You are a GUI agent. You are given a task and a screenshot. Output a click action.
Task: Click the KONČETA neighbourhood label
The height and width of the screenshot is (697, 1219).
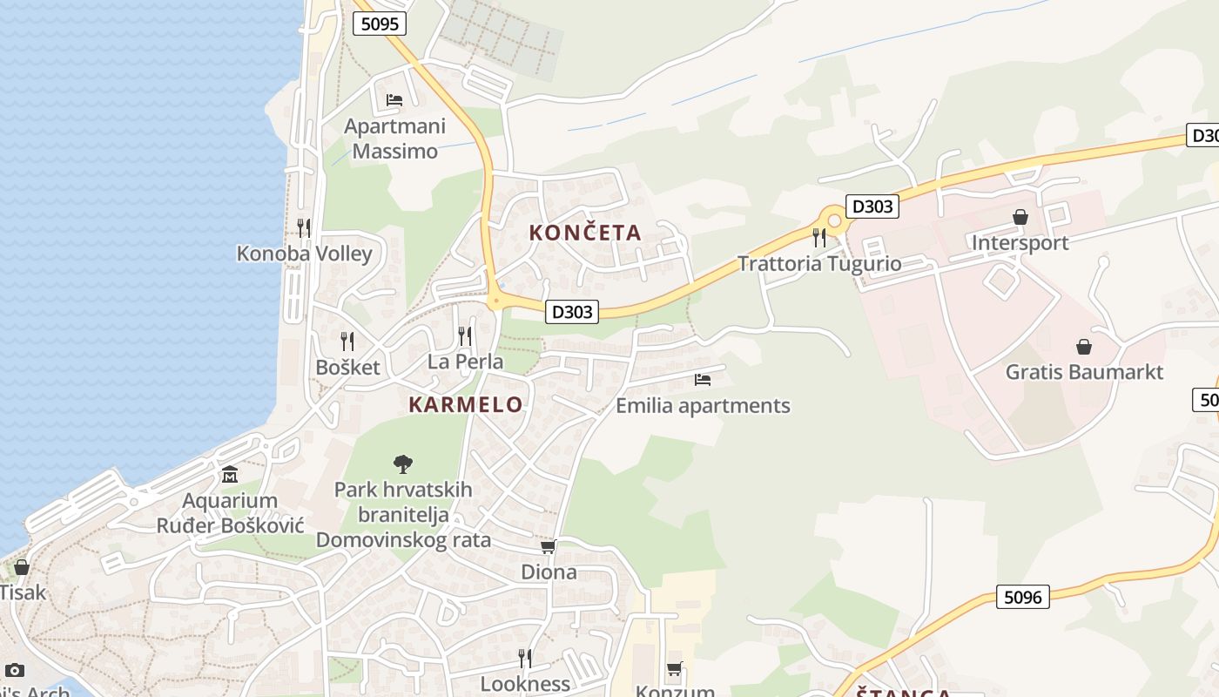(x=585, y=233)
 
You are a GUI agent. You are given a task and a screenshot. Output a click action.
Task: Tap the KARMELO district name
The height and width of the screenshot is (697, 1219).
(x=466, y=404)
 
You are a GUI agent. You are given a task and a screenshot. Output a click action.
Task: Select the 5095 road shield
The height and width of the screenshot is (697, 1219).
(x=380, y=24)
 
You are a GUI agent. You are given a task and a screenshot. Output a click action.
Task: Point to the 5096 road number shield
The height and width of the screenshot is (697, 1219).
(x=1022, y=597)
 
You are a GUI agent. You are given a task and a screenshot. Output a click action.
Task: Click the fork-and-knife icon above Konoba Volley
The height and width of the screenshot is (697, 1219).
(x=304, y=227)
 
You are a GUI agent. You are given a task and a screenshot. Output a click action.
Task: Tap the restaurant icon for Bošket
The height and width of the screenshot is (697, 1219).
(x=347, y=341)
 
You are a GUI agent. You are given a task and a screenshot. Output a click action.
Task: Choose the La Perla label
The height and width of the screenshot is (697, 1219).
(x=465, y=361)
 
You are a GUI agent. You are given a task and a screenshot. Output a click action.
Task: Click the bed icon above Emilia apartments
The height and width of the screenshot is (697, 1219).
(x=703, y=380)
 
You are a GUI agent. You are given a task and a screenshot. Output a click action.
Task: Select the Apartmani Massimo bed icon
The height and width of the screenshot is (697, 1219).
(x=394, y=100)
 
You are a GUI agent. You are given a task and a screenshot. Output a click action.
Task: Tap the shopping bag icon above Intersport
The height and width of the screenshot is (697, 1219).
(x=1020, y=217)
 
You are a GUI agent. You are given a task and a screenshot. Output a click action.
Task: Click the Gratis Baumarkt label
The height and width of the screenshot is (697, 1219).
(x=1084, y=372)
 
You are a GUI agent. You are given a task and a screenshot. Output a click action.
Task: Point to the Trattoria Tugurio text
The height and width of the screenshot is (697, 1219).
(x=819, y=263)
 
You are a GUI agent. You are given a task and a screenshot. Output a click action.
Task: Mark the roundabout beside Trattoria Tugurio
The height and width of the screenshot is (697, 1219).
(x=835, y=221)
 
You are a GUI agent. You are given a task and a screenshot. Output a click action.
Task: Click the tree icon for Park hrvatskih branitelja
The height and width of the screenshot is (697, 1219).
(x=403, y=464)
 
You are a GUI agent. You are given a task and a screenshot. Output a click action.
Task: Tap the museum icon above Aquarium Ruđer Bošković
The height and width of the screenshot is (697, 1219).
(x=230, y=475)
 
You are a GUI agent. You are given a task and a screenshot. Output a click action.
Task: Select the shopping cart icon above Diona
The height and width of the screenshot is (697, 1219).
(x=549, y=546)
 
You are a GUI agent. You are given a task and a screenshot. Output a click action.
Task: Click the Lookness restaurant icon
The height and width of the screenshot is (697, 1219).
(x=525, y=658)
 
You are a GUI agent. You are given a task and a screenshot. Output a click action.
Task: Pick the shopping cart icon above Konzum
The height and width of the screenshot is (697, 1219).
(x=675, y=669)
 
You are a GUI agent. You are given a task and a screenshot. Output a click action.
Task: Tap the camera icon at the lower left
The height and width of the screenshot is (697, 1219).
(x=15, y=670)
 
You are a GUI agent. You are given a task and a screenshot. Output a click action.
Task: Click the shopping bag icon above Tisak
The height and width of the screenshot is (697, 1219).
(x=22, y=567)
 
